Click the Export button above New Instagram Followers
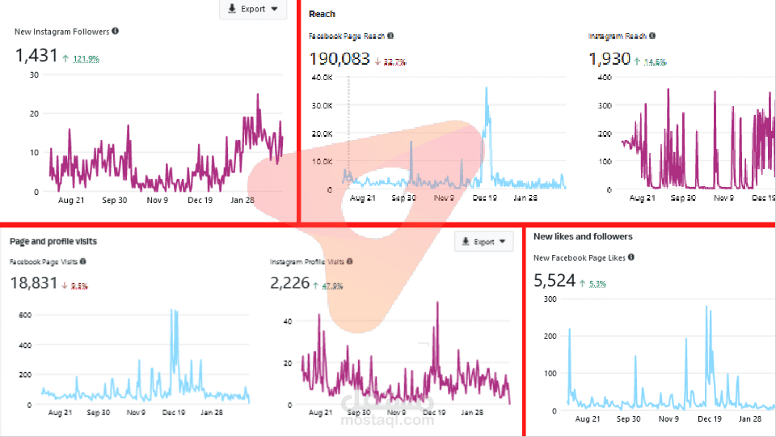[x=253, y=10]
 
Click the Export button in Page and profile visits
[x=484, y=241]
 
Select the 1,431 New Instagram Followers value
[x=36, y=56]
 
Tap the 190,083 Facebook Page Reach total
[x=339, y=59]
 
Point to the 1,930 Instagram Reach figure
[x=609, y=59]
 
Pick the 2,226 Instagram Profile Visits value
[x=289, y=283]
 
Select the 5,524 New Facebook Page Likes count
[x=555, y=281]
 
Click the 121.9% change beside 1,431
[x=86, y=59]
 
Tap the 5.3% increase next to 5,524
[x=597, y=284]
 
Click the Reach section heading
[x=322, y=14]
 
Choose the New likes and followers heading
[x=583, y=236]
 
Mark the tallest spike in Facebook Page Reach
[x=487, y=88]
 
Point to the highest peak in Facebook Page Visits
[x=172, y=311]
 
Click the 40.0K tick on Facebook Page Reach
[x=322, y=78]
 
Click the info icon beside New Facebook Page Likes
[x=630, y=257]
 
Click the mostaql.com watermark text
[x=386, y=420]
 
